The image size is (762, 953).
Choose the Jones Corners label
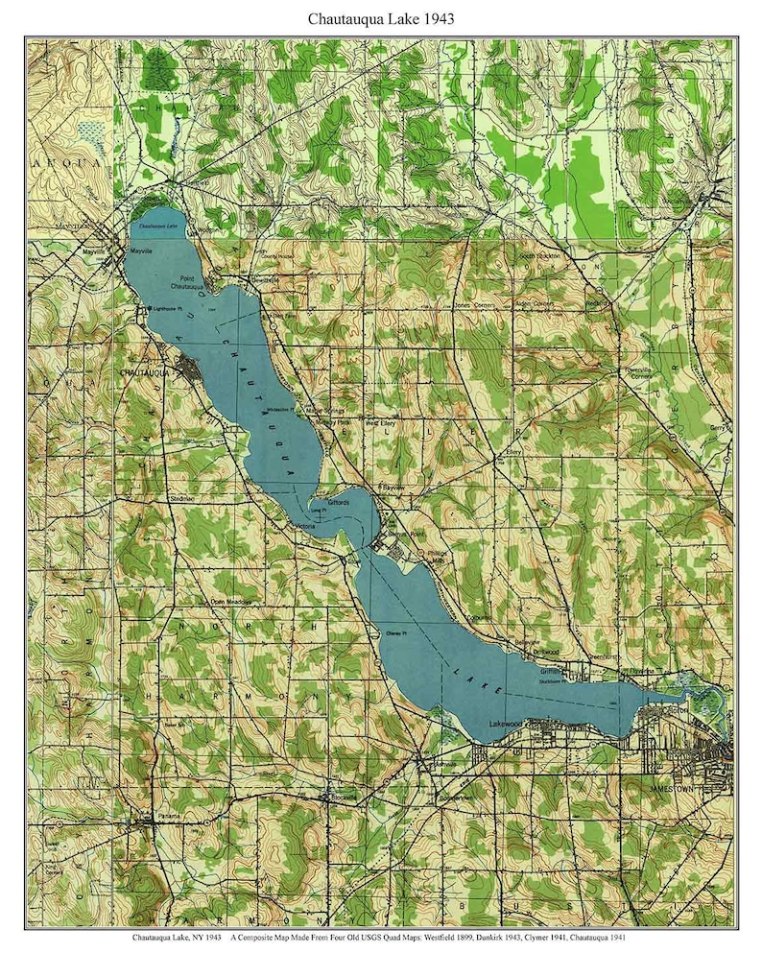coord(477,305)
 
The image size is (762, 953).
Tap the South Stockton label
coord(539,256)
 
